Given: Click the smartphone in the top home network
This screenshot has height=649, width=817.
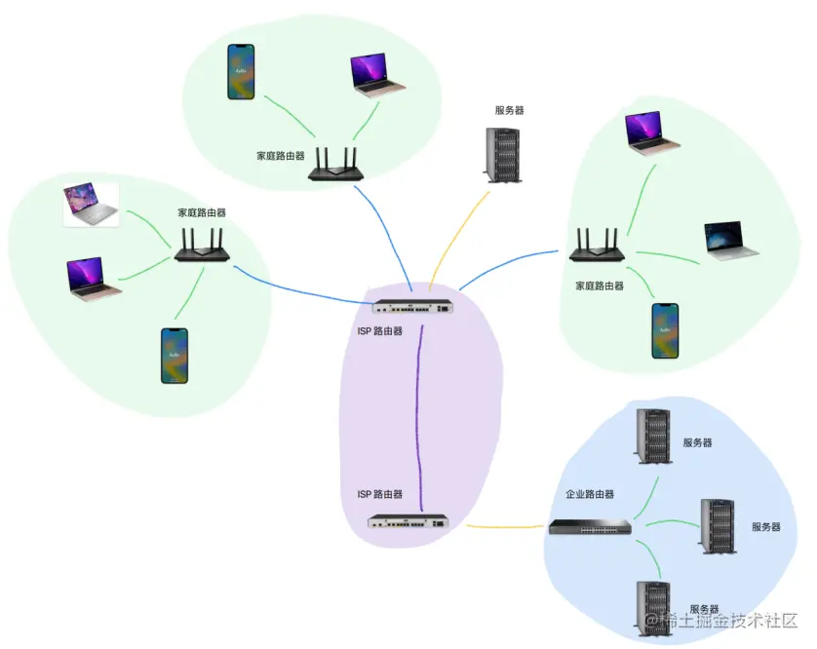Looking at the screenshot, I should (x=241, y=71).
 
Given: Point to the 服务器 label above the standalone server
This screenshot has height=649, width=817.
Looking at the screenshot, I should (x=509, y=111).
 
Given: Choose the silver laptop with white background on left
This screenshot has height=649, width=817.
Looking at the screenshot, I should (x=92, y=205).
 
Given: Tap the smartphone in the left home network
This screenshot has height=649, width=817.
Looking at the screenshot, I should (x=174, y=356).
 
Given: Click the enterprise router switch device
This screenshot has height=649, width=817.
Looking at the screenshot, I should (x=589, y=527).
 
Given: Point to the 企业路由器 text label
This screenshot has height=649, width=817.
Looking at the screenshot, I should (x=590, y=495).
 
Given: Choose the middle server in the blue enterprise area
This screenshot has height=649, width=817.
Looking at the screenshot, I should (x=718, y=526).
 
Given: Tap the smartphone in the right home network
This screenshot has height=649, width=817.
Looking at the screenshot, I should (x=664, y=330).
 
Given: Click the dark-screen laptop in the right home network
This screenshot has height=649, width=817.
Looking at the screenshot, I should (x=730, y=241).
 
